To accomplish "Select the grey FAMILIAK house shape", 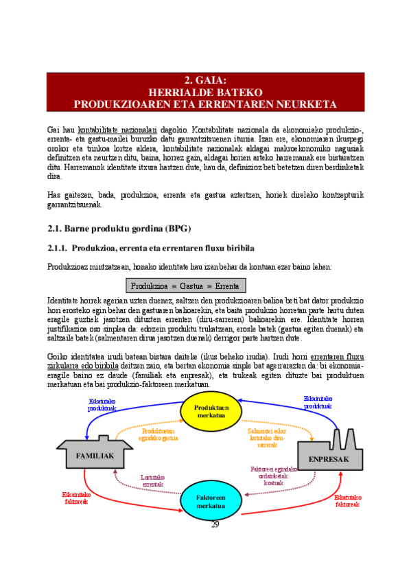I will click(95, 454).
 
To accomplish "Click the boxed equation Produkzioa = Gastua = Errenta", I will click(186, 286).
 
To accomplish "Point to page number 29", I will click(215, 524).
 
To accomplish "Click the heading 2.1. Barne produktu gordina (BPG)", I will click(119, 228).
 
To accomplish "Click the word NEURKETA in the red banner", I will click(307, 104).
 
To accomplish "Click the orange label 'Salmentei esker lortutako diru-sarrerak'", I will click(267, 437).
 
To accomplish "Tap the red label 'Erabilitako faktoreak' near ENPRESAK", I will click(349, 500).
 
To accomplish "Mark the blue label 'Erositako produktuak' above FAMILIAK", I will click(102, 404).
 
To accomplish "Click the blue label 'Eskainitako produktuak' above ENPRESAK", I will click(318, 401).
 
